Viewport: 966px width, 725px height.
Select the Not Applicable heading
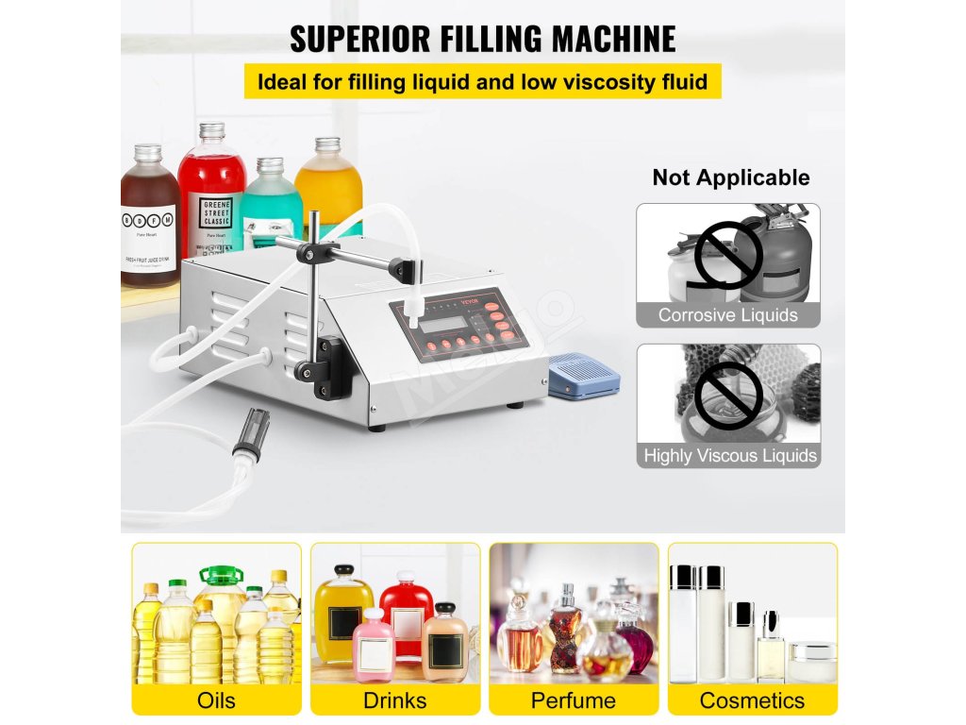[x=730, y=177]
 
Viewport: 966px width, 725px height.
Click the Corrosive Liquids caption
[x=727, y=315]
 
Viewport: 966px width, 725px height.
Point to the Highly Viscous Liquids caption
[x=729, y=455]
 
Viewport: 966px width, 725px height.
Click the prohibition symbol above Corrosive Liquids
[x=727, y=254]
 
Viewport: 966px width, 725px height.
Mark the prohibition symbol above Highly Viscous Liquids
[x=727, y=395]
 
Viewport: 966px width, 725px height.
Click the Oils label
[x=216, y=700]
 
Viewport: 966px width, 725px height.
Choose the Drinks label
[x=394, y=700]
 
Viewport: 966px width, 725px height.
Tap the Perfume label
[x=573, y=700]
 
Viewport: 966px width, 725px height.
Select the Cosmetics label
[x=752, y=700]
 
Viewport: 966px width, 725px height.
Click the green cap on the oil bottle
[x=221, y=574]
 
